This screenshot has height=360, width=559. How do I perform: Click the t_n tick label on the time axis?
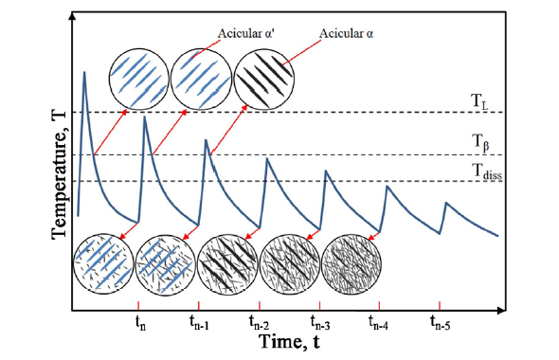(x=140, y=321)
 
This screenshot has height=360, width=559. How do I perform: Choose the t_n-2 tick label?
(x=260, y=321)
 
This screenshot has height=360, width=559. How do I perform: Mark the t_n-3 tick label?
(x=319, y=321)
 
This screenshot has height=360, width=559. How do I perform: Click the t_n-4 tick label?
(x=380, y=321)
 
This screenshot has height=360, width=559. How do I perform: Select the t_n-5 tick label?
(x=440, y=321)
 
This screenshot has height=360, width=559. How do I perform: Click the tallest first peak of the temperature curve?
(x=85, y=73)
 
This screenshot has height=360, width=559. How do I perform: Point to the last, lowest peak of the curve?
(x=445, y=202)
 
